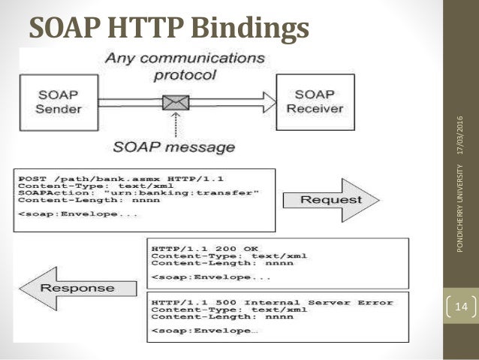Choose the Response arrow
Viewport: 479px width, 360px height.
76,288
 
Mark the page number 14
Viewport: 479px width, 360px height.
460,307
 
